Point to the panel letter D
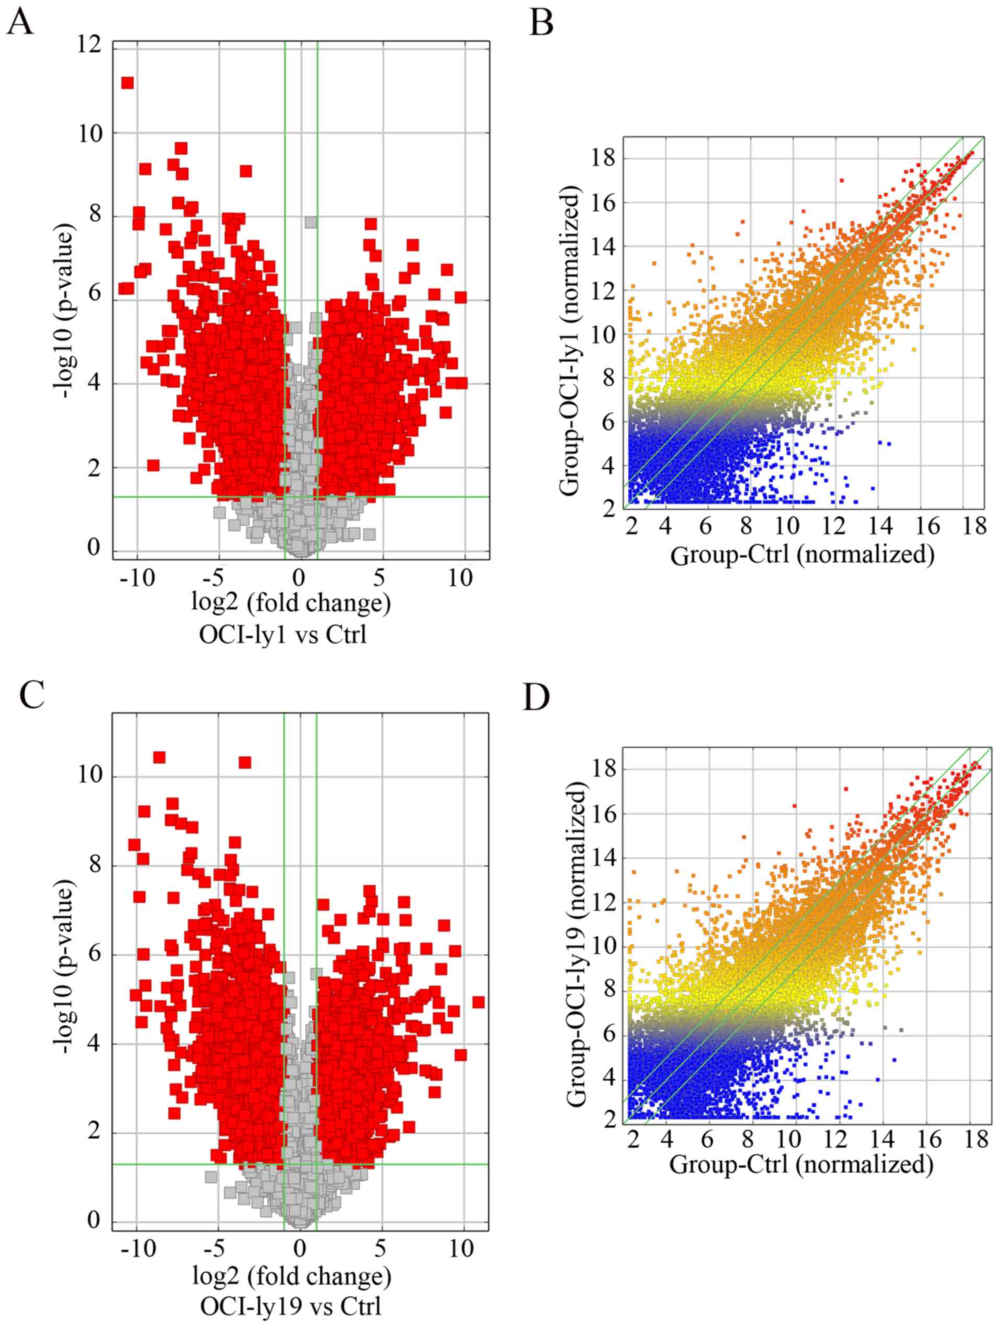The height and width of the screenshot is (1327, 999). click(x=536, y=696)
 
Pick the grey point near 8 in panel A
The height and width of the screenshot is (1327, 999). click(x=310, y=222)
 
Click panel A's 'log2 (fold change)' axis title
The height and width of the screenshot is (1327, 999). click(x=291, y=603)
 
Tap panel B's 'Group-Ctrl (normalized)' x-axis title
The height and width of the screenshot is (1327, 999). click(x=802, y=555)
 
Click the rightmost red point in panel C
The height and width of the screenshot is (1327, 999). click(x=478, y=1002)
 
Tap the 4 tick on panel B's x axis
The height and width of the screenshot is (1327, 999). click(x=665, y=527)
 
